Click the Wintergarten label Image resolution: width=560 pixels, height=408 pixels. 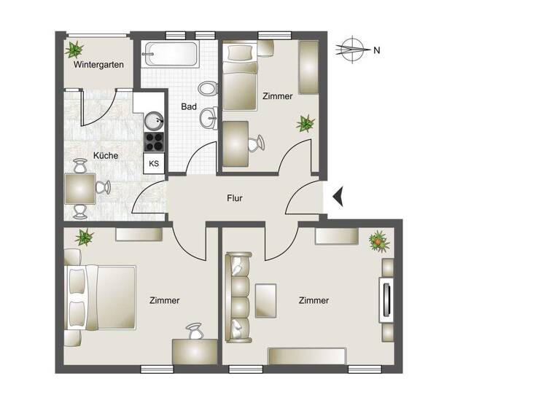(98, 65)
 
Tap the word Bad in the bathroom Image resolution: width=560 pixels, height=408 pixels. (189, 106)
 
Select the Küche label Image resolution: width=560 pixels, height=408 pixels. (106, 155)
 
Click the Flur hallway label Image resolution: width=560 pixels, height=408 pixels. (234, 197)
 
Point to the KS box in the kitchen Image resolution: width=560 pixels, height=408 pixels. (154, 163)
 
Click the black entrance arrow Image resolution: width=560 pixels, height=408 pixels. (338, 197)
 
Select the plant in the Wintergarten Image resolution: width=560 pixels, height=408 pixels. (74, 50)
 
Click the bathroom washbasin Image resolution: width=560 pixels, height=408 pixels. (210, 116)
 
